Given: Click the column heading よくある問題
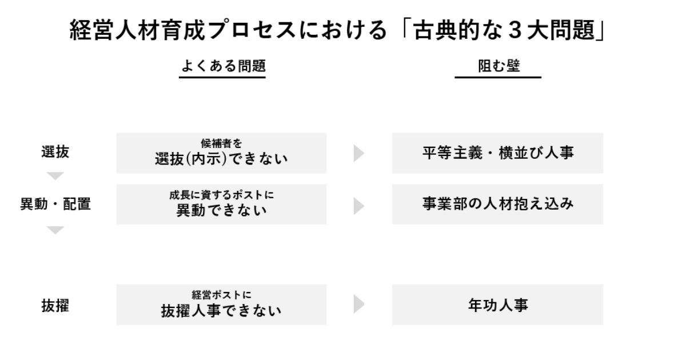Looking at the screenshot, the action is [224, 66].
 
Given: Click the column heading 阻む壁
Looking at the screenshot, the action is [499, 66].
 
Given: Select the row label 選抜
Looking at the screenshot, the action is [55, 152].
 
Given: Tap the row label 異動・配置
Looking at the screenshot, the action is [55, 204].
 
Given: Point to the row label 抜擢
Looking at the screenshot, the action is [55, 306].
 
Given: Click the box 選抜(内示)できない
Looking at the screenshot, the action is [221, 153].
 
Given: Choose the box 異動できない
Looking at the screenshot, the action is [221, 204].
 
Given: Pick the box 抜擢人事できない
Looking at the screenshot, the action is [221, 305].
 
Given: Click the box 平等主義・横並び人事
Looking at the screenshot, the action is [498, 153].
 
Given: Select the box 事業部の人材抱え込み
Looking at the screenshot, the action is [498, 204].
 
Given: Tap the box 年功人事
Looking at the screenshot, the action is [498, 305].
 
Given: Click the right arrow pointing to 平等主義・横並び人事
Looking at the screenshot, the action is [358, 153].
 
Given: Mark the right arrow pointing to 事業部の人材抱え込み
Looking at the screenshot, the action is [358, 206].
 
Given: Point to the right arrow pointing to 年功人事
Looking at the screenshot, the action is [358, 304].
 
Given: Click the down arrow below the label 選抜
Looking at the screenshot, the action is [55, 176].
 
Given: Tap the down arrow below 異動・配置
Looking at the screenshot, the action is [55, 230].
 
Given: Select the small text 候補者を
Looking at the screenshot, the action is [221, 143].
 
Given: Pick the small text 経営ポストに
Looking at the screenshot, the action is [221, 295].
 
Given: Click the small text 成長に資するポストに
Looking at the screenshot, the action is [221, 195].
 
